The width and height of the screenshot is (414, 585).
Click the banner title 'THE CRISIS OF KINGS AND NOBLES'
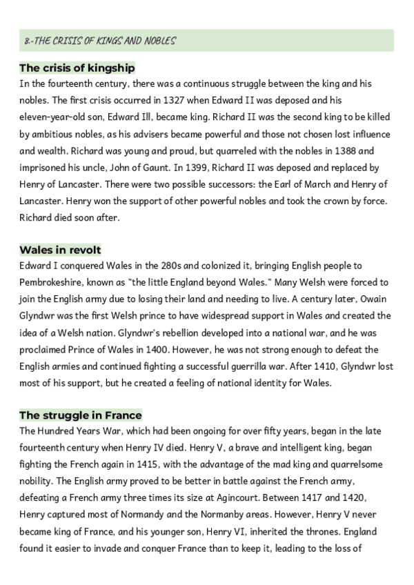(x=99, y=41)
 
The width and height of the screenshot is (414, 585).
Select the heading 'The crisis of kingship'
(x=77, y=68)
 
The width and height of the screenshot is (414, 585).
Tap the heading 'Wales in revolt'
(x=61, y=249)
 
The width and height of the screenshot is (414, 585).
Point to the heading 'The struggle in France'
(x=80, y=415)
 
